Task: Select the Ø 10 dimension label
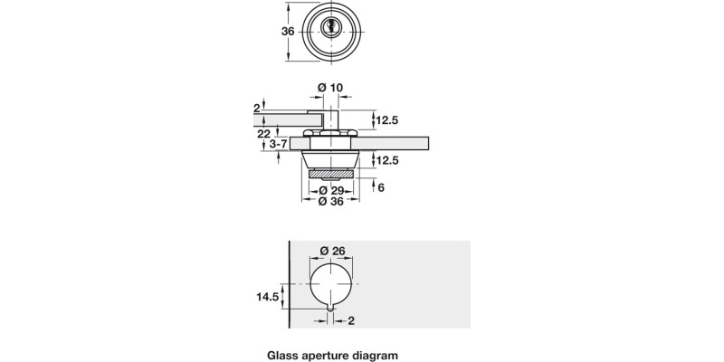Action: pos(330,87)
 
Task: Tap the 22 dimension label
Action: pos(262,133)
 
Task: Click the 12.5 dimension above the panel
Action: pos(388,119)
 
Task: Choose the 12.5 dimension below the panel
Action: pos(388,160)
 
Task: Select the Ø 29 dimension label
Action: pos(331,190)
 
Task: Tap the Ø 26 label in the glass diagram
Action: pos(334,252)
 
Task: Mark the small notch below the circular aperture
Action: pos(333,310)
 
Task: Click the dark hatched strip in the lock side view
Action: pos(332,172)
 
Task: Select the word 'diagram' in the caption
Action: pos(376,356)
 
